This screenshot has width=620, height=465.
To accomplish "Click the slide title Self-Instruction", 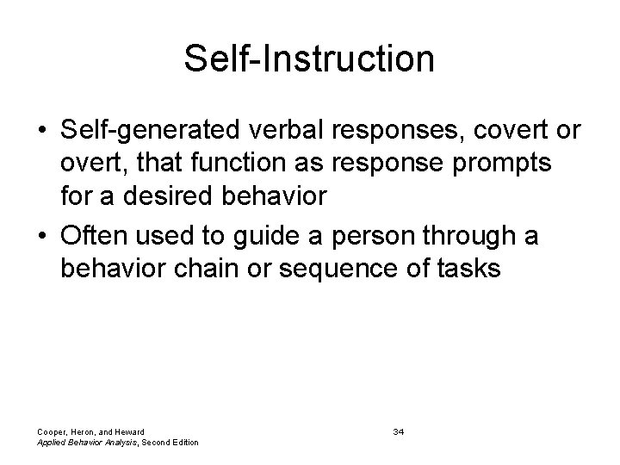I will [309, 59].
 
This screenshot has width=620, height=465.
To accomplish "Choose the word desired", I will [169, 195].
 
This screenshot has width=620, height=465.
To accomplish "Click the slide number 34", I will [398, 431].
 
